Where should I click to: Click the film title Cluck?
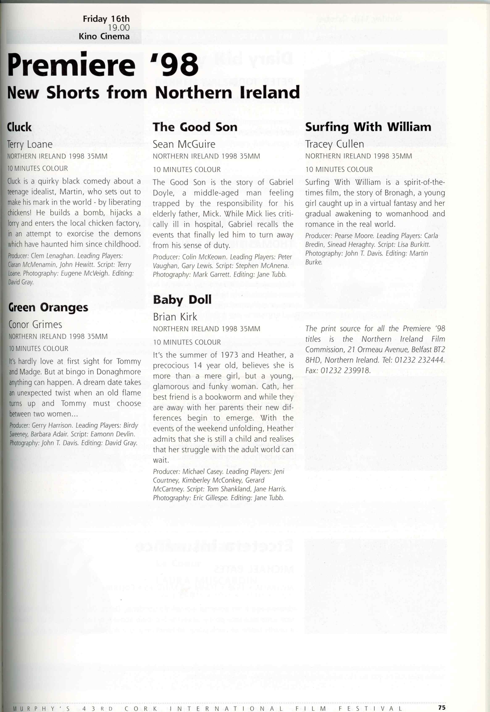click(x=19, y=127)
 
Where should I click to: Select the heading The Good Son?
click(x=195, y=127)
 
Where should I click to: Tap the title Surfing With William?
click(x=368, y=127)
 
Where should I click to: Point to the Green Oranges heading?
click(x=48, y=307)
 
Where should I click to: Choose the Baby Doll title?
click(x=182, y=300)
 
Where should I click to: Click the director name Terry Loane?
click(x=30, y=144)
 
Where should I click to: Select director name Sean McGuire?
click(x=184, y=144)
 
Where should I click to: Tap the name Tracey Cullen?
click(x=334, y=144)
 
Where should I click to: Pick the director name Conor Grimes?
click(x=35, y=325)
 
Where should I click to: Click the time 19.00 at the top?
click(x=119, y=28)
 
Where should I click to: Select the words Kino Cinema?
click(x=104, y=36)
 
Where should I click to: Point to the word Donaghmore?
click(x=118, y=372)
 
